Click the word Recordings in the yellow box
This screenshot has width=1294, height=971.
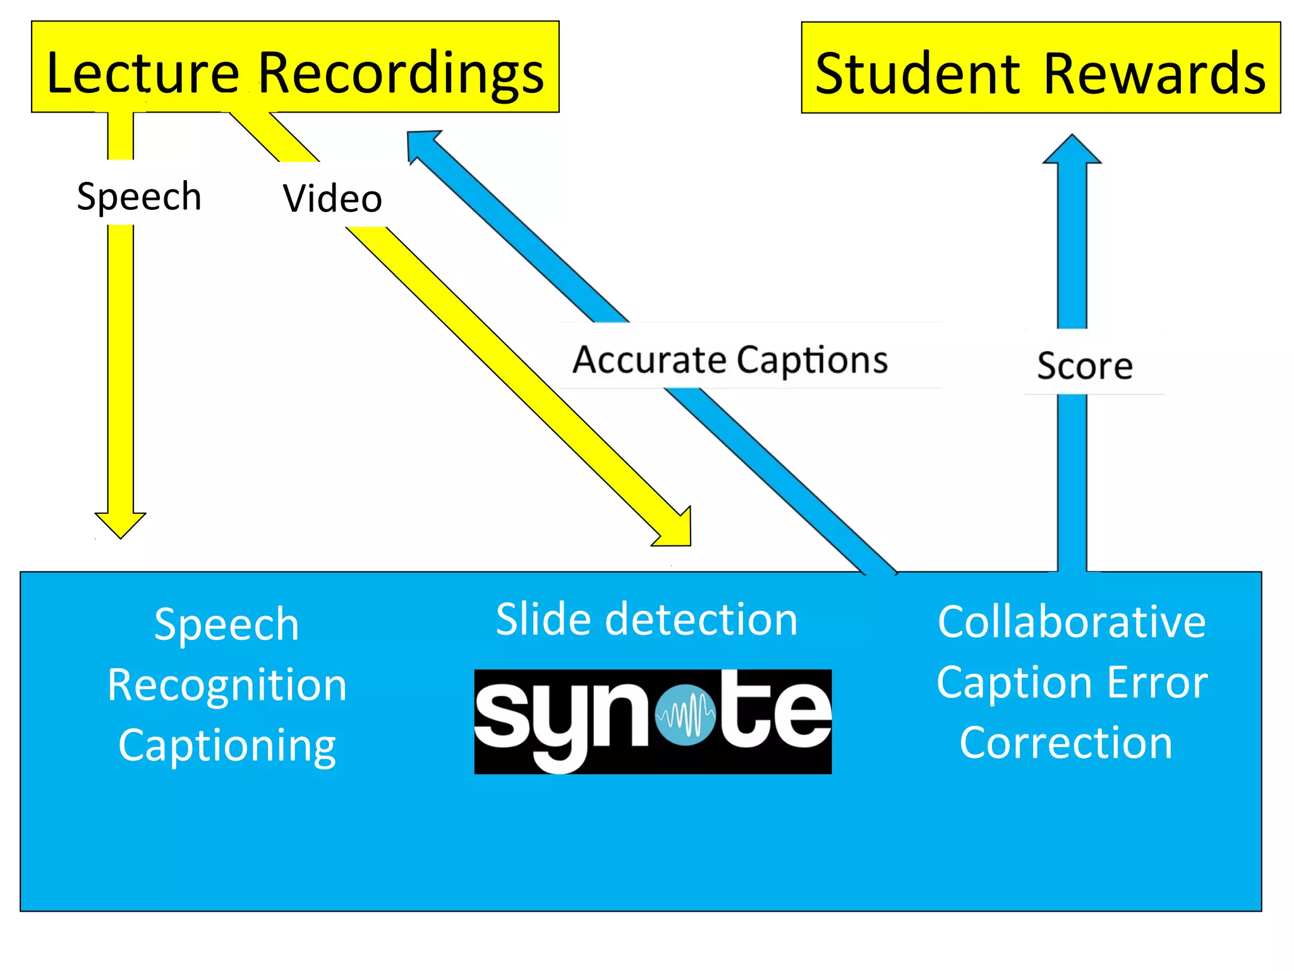pos(401,74)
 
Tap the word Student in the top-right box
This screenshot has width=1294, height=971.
pos(917,74)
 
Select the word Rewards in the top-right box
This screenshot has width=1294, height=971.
pos(1154,74)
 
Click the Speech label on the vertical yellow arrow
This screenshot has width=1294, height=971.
pos(139,196)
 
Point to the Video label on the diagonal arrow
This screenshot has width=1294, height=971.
pos(332,198)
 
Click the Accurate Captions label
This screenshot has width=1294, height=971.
pos(730,360)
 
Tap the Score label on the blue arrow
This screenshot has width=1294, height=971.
pos(1085,365)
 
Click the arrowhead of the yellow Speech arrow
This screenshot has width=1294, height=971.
pos(120,524)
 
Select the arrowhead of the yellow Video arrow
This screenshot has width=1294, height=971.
pos(677,532)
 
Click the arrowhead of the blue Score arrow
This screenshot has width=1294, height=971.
pos(1072,150)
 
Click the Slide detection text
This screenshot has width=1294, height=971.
pos(646,619)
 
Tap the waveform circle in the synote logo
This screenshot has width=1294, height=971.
pos(686,716)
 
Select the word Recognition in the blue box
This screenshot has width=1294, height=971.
pos(227,686)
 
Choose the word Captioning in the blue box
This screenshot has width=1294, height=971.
pos(227,746)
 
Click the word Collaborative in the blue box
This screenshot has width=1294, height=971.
pos(1072,622)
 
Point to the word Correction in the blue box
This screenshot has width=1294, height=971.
pos(1066,743)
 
